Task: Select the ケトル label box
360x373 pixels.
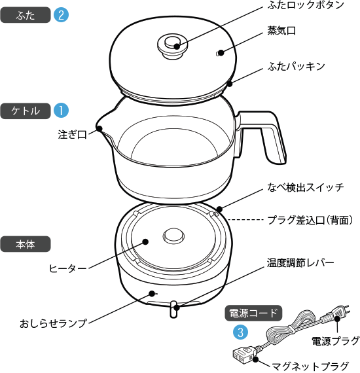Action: [26, 111]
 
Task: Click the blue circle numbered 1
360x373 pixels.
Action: [61, 111]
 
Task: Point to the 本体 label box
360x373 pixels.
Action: [26, 245]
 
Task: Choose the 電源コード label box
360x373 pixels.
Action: [253, 313]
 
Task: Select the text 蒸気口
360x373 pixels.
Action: [281, 31]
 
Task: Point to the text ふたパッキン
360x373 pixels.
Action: [296, 67]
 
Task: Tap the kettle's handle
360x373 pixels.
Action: [271, 137]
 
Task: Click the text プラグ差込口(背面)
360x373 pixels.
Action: [310, 221]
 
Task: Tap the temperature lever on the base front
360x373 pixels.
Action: [173, 309]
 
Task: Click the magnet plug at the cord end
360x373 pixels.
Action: [241, 356]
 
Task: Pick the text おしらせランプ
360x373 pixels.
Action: [53, 323]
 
